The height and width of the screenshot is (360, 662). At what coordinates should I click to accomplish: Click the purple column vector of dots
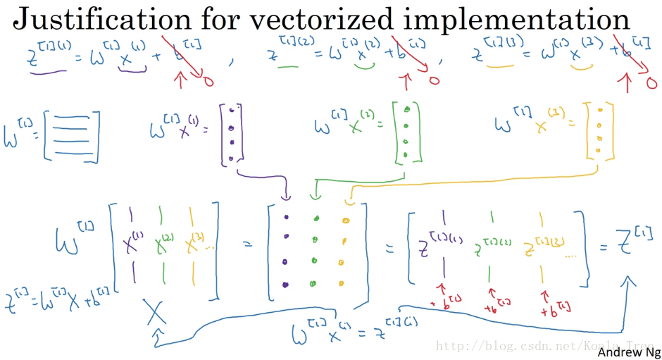pyautogui.click(x=232, y=133)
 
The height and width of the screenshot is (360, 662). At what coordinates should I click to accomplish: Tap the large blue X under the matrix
pyautogui.click(x=156, y=312)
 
